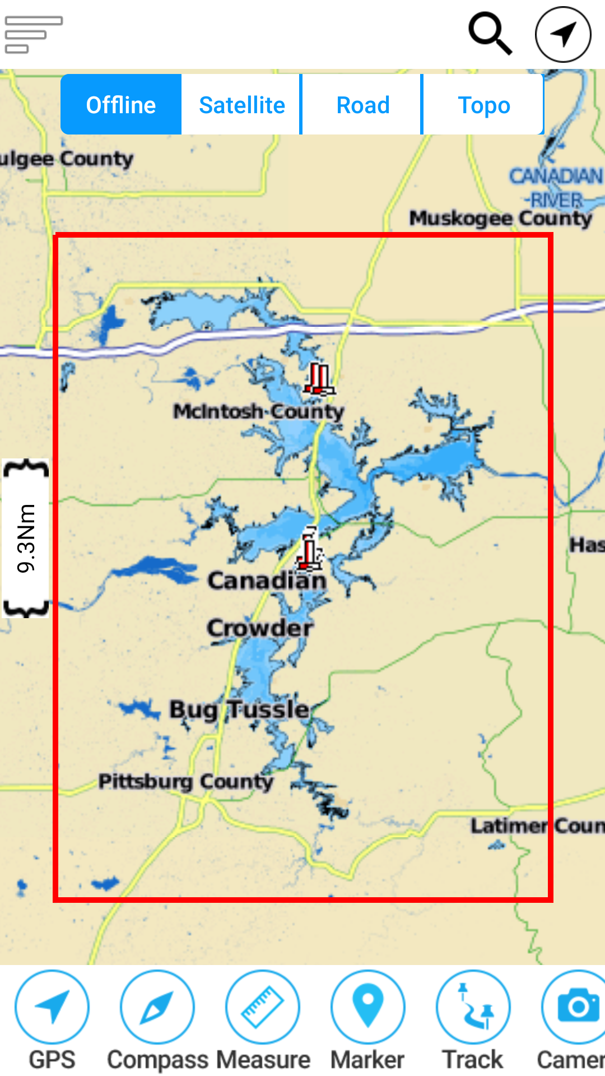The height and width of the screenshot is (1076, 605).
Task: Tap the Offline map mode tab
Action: pos(121,105)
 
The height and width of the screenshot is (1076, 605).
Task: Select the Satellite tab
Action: pos(242,105)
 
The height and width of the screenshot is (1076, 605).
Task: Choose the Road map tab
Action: pos(363,105)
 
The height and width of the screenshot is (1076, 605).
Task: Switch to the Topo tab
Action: pos(483,105)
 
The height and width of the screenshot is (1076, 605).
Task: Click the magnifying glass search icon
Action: pos(490,34)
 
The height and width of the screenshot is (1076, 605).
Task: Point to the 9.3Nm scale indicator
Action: pos(26,538)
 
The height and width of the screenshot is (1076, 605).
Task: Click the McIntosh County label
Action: pos(258,411)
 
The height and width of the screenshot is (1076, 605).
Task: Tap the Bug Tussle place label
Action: pos(239,709)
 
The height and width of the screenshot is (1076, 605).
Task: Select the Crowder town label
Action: pos(260,628)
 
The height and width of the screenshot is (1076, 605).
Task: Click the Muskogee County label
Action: pos(500,218)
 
